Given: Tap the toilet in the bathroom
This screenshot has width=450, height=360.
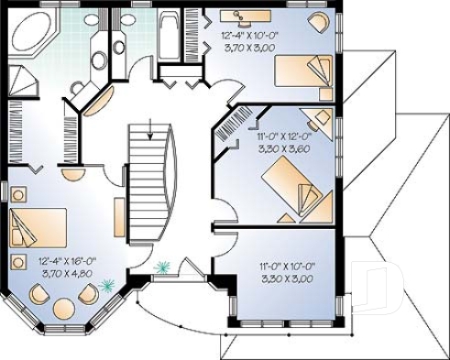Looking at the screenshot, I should pos(100,60).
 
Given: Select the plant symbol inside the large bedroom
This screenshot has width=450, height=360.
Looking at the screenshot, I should pos(107,286).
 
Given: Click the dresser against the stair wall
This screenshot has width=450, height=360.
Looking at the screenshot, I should pos(119,215).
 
